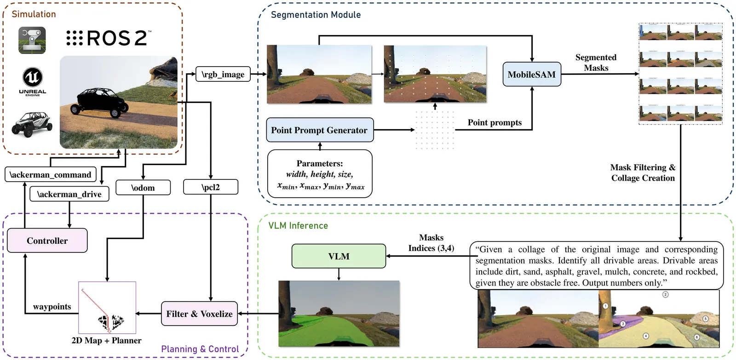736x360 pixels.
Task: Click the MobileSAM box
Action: (531, 74)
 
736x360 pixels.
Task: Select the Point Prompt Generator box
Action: (320, 130)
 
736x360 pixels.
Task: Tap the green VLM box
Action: (339, 256)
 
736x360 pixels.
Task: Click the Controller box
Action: (47, 240)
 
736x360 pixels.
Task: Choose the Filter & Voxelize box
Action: (199, 314)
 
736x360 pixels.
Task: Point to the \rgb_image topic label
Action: (223, 74)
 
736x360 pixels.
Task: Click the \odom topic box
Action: (143, 188)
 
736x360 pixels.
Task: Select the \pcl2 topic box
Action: (211, 187)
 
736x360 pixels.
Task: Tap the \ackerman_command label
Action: (51, 175)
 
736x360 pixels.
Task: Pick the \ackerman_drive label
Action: (69, 194)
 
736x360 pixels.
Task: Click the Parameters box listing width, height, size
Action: (320, 174)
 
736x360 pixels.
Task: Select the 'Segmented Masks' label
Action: (596, 63)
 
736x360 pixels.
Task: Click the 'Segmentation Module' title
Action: (316, 15)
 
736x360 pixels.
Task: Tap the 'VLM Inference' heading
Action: (298, 226)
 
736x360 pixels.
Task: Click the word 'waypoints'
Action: (52, 307)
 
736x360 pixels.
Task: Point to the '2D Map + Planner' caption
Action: (106, 341)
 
